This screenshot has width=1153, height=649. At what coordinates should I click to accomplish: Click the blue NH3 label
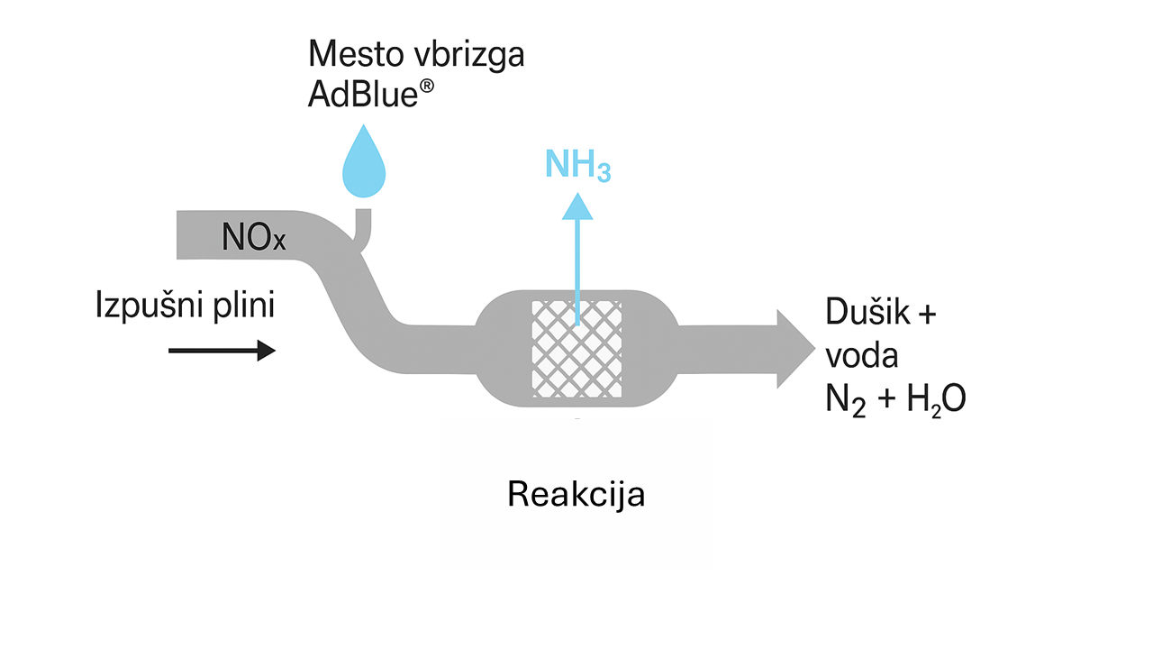pos(577,165)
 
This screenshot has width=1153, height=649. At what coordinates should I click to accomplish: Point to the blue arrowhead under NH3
pos(577,208)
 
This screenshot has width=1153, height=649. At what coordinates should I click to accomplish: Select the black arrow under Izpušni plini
pos(222,350)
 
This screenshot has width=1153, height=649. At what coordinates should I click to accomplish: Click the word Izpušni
pos(145,306)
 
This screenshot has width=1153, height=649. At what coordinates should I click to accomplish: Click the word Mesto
pos(349,54)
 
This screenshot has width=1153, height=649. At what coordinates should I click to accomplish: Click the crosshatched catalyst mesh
pos(576,348)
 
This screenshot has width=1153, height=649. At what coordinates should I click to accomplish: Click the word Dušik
pos(866,314)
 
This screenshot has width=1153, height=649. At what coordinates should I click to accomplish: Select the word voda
pos(862,356)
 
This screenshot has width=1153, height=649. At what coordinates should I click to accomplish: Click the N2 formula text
pos(845,398)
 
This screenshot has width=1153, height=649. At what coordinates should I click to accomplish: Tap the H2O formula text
pos(936,398)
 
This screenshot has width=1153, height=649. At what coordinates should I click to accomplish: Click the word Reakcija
pos(576,495)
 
